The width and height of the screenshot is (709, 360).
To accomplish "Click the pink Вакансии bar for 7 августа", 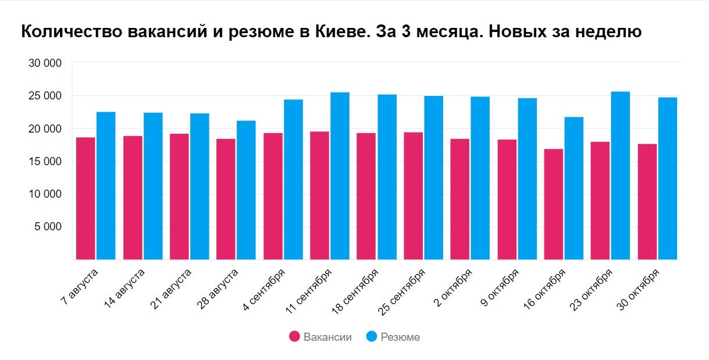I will [x=85, y=198].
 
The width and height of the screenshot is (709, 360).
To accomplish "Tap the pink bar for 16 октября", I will [x=554, y=204].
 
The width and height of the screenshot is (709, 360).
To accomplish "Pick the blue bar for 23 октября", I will [x=620, y=175].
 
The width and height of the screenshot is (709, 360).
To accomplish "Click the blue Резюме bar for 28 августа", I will [x=246, y=190].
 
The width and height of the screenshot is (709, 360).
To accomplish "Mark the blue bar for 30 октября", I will [x=668, y=178].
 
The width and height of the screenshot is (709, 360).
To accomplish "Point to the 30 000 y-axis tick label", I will [x=45, y=63].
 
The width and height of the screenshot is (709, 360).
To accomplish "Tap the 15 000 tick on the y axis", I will [x=45, y=162].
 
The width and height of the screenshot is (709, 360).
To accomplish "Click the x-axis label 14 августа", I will [x=124, y=287].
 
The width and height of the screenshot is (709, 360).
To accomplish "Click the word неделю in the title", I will [x=608, y=31].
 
